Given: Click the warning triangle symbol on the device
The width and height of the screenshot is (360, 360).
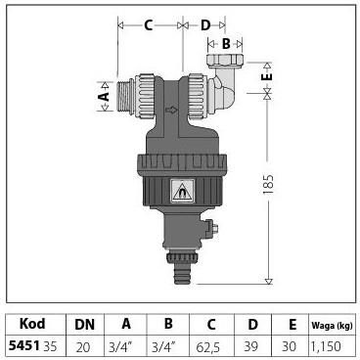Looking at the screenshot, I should pos(182,193).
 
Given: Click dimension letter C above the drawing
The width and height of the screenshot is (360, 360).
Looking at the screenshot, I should pos(148,26).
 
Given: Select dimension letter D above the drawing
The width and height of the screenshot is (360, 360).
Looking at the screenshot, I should pos(206,26).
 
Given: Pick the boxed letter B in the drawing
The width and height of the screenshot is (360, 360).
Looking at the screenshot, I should pos(225,43).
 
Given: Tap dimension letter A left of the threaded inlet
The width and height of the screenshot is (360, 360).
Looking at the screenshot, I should pos(104,97).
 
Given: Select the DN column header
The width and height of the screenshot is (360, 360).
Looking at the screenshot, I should pos(83,325).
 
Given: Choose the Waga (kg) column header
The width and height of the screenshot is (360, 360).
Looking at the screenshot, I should pos(330,325).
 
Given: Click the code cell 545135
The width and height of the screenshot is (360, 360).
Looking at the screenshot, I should pos(32,345).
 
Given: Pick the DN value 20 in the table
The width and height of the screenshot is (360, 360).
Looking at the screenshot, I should pos(83,345).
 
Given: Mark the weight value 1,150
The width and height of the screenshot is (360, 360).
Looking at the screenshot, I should pos(330,345).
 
